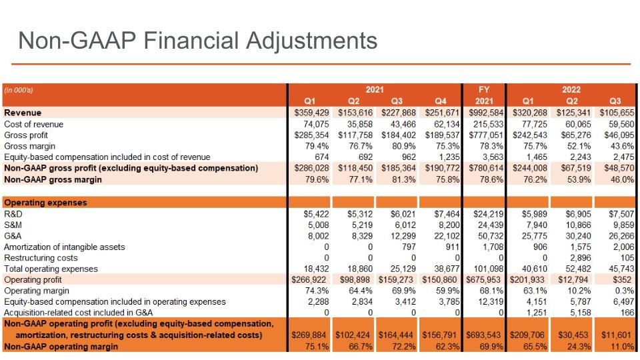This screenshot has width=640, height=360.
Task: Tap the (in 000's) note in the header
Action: [x=19, y=90]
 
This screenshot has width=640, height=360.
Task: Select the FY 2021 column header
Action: [x=484, y=95]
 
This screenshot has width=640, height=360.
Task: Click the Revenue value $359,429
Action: [x=311, y=113]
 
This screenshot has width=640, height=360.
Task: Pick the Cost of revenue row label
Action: [x=33, y=124]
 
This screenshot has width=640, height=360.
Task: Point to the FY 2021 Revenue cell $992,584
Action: [x=486, y=113]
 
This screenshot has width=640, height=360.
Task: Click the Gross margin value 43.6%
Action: [x=622, y=146]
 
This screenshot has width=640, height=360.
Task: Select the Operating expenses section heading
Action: [x=45, y=203]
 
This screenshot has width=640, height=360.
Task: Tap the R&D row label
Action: [x=13, y=214]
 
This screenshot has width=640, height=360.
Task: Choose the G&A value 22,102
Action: [x=447, y=236]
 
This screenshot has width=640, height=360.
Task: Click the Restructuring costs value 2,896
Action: [x=579, y=258]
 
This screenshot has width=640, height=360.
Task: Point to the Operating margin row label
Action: [x=36, y=291]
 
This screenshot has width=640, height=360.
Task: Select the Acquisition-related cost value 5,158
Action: [x=579, y=313]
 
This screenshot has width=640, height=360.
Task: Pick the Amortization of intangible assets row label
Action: [x=65, y=247]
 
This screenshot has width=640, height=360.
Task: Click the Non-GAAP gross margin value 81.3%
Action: [x=404, y=179]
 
